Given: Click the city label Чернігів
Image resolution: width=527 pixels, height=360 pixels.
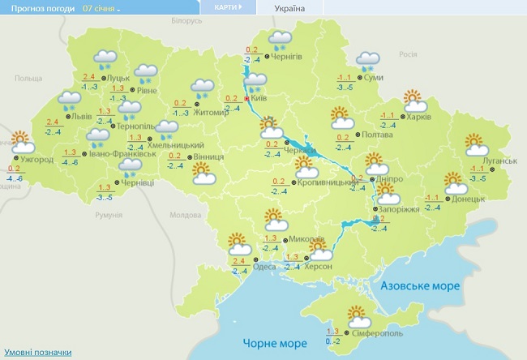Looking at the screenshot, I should point(288,56).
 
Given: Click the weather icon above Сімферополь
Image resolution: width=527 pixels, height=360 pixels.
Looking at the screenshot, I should point(358,315).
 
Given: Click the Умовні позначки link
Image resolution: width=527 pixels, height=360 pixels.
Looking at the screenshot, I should point(36,353).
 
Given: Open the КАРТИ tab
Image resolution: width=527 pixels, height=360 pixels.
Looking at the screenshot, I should point(227,6).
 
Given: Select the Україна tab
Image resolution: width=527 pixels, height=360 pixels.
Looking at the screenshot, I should point(290,7).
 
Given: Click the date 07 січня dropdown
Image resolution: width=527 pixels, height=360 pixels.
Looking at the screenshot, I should point(101,7).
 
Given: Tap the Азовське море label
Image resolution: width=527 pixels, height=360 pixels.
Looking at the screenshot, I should point(420,286).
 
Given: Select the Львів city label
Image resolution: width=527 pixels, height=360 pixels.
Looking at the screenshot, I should point(82,117).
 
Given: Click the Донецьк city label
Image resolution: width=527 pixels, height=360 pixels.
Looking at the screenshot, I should point(468,198).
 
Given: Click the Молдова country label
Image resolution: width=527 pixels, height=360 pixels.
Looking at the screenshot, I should point(185,216).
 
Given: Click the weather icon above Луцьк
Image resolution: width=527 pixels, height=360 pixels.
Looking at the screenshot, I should point(105,58).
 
